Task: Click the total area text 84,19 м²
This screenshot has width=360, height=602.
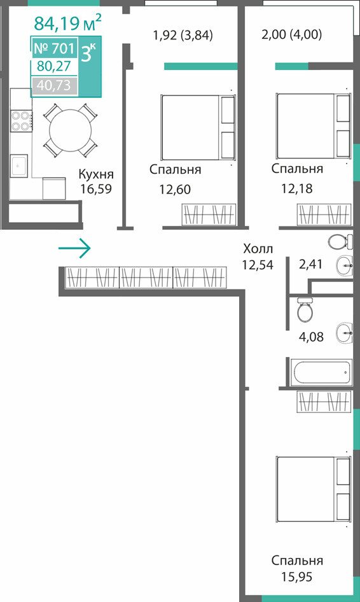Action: click(x=67, y=22)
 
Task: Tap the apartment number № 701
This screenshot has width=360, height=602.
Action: click(x=54, y=48)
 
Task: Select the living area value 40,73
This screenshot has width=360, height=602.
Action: click(x=53, y=85)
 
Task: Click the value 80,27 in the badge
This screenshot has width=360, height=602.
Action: click(x=54, y=66)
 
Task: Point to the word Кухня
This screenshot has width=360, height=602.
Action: click(x=96, y=174)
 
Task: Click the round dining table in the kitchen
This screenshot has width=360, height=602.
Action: click(x=71, y=130)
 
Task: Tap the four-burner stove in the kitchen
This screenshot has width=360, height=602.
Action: click(x=21, y=120)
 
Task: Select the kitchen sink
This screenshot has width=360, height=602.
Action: click(x=19, y=165)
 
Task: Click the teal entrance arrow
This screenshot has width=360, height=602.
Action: click(x=74, y=248)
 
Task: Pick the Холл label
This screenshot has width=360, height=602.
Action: click(x=258, y=249)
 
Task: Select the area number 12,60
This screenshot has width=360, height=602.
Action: click(x=175, y=189)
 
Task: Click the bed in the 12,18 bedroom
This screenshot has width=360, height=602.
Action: click(x=314, y=126)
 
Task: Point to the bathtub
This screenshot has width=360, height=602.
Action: click(x=321, y=372)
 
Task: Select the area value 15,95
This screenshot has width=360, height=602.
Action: click(x=296, y=577)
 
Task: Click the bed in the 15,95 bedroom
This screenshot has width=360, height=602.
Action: click(x=314, y=489)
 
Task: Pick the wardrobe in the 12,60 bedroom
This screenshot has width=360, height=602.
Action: click(x=209, y=214)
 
